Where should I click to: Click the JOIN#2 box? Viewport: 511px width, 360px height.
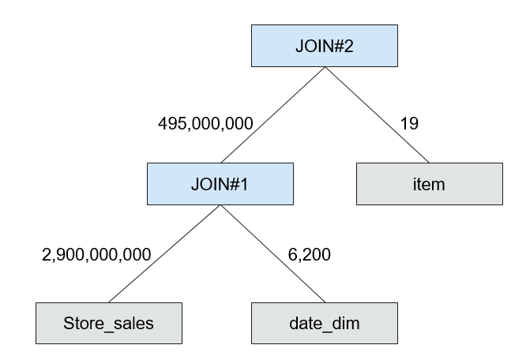point(325,46)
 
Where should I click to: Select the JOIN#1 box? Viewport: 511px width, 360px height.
point(220,184)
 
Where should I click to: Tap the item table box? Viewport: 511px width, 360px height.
point(430,184)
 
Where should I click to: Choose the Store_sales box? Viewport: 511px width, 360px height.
point(109,323)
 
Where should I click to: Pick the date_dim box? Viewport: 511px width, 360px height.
point(325,323)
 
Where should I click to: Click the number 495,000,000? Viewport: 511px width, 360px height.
point(205,124)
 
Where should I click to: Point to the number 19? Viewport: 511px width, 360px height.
point(409,123)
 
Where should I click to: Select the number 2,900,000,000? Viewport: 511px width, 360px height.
point(96,254)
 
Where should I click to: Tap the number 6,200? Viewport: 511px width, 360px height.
point(310,254)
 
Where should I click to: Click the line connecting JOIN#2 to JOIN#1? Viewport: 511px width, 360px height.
point(272,115)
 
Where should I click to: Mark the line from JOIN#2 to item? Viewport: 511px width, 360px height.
point(377,115)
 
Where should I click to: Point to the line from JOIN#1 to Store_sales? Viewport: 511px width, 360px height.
point(164,253)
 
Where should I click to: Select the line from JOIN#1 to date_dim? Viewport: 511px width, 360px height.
point(272,253)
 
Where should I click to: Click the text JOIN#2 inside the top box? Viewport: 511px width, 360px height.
point(325,46)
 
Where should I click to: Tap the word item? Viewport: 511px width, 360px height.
point(429,185)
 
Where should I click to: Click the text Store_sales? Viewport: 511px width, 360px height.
point(108,324)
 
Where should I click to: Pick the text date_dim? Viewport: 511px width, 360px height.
point(325,324)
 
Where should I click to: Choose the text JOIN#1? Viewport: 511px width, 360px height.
point(220,184)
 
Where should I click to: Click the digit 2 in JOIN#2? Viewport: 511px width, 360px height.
point(348,46)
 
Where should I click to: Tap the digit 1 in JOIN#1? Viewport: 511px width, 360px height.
point(244,184)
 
